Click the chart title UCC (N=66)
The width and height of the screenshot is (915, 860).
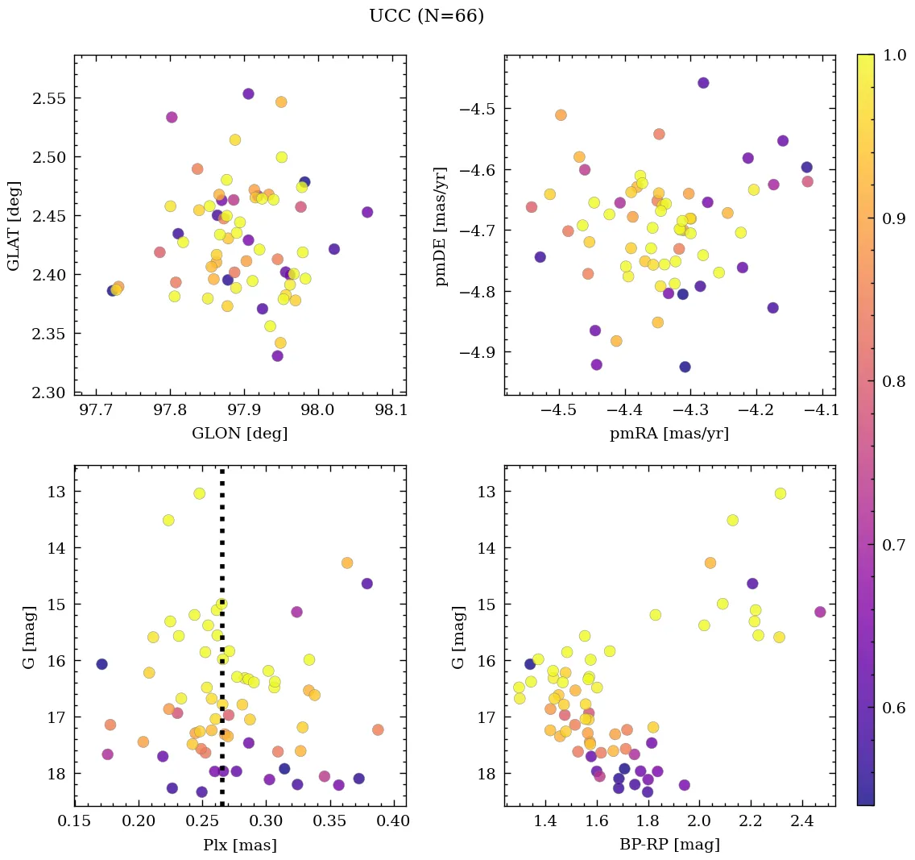426,16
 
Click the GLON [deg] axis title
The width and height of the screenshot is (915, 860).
239,433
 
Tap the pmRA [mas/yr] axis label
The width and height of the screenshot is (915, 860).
669,433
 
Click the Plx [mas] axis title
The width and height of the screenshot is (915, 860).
239,845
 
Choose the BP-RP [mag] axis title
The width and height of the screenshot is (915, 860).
669,845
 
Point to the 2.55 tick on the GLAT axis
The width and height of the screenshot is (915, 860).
51,98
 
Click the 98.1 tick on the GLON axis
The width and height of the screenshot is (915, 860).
391,411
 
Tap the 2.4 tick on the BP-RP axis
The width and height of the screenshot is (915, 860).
801,823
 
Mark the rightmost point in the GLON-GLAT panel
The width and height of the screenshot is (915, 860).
367,212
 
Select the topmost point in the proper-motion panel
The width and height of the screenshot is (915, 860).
703,83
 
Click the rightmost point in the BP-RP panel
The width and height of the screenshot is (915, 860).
820,612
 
